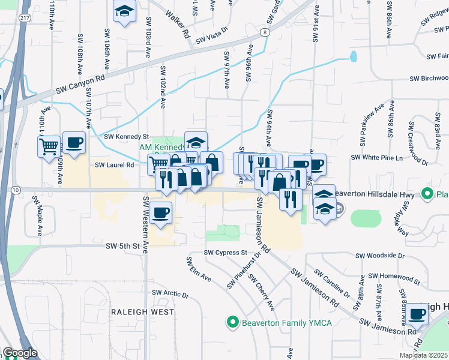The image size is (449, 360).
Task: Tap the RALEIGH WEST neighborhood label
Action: click(142, 312)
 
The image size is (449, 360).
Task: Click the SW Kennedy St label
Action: click(126, 137)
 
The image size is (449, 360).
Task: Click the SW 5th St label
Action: click(122, 246)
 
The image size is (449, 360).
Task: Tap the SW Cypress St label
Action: click(226, 253)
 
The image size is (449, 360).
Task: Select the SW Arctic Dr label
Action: click(170, 293)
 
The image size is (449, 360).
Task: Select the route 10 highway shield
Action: click(15, 190)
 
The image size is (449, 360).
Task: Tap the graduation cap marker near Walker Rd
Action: click(124, 11)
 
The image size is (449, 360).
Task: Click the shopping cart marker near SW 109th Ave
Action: click(49, 145)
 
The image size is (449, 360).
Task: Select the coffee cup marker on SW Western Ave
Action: click(161, 213)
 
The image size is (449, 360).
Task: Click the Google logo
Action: click(20, 353)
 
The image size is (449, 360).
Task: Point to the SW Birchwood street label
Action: click(429, 79)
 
